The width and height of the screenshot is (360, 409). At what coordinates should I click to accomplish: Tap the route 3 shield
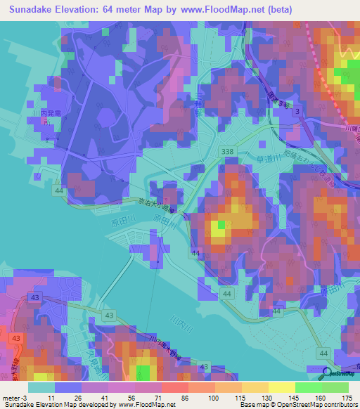click(x=298, y=112)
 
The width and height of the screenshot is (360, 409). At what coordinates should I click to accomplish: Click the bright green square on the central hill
click(x=220, y=224)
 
